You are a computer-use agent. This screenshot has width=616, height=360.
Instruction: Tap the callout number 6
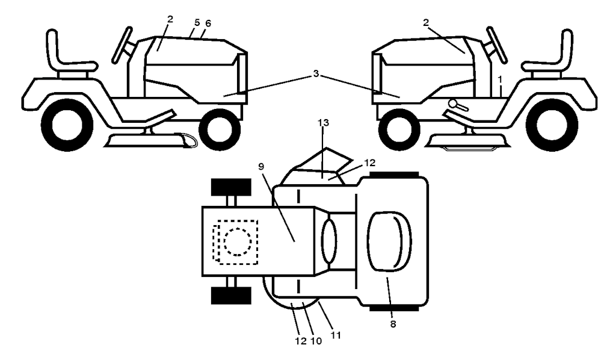click(x=208, y=23)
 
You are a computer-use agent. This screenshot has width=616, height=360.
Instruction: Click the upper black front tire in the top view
click(x=231, y=187)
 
